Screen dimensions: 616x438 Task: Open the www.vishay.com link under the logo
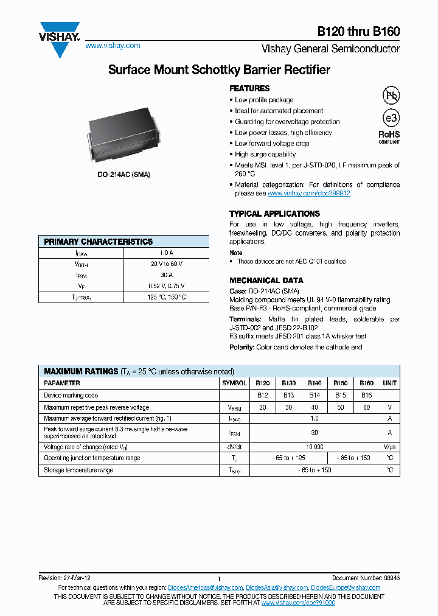tap(113, 46)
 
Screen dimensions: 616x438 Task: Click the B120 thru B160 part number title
tap(358, 33)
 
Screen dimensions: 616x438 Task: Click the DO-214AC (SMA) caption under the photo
tap(123, 175)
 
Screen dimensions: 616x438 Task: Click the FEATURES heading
tap(249, 88)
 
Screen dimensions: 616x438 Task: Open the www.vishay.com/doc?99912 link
tap(308, 193)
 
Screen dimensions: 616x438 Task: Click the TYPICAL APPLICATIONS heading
tap(274, 214)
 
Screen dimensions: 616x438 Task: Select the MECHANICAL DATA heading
tap(266, 281)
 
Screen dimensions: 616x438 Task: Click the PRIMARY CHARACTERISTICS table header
tap(98, 242)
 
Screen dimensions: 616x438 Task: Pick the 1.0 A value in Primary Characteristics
tap(166, 253)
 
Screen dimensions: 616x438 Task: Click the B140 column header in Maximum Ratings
tap(315, 383)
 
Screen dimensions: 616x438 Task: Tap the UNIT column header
tap(389, 383)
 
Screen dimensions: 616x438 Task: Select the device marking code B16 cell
tap(366, 395)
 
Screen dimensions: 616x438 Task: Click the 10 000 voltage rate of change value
tap(315, 446)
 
